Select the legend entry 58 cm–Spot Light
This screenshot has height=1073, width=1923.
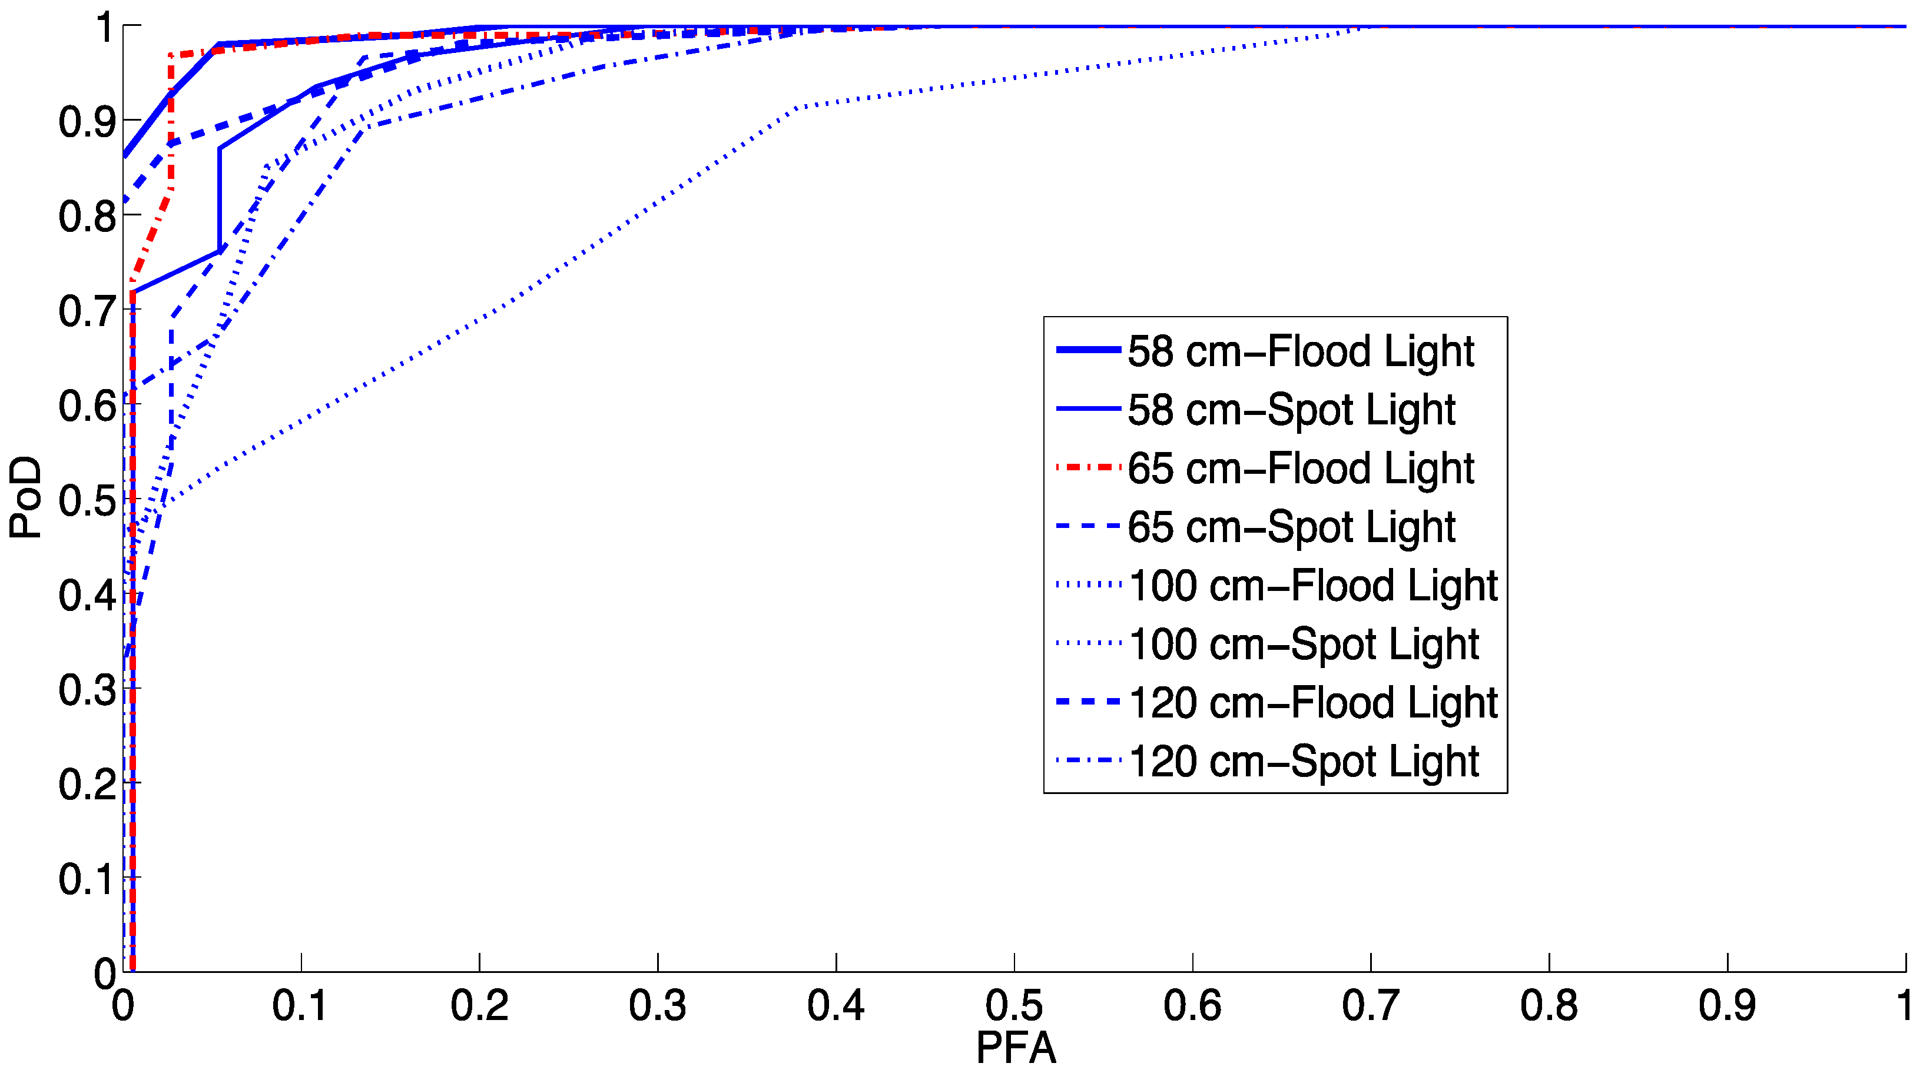[1291, 410]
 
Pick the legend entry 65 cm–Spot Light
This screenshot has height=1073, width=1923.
[1291, 527]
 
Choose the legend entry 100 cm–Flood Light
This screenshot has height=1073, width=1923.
[1312, 586]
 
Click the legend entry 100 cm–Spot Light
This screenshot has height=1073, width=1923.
[1304, 644]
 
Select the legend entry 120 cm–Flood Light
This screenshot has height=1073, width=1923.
[1312, 703]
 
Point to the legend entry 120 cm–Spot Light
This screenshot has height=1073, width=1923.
[1304, 761]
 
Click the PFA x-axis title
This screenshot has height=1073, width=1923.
[1015, 1048]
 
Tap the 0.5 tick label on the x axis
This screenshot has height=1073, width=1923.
[1014, 1005]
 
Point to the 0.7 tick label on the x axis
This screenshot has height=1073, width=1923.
[1371, 1005]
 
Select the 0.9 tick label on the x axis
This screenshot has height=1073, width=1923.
[1727, 1005]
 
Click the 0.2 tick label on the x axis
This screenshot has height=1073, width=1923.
[479, 1005]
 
